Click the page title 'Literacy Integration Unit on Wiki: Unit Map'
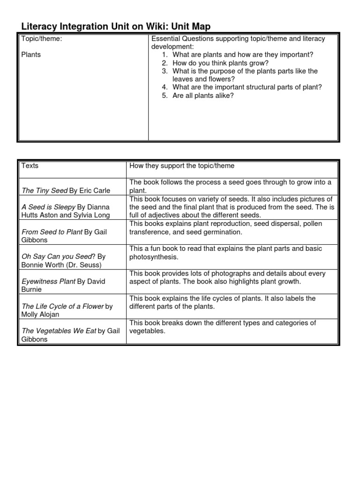[117, 27]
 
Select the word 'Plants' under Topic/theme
[31, 54]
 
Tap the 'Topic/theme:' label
[42, 39]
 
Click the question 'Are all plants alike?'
[202, 96]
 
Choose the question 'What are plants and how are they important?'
[242, 55]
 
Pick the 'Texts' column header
[30, 165]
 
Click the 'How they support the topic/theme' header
[182, 165]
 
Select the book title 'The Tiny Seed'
[44, 190]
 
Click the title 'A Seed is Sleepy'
[48, 207]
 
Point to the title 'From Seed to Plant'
[52, 232]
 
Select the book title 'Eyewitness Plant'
[48, 281]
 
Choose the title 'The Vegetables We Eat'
[59, 331]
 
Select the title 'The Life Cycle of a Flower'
[63, 306]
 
